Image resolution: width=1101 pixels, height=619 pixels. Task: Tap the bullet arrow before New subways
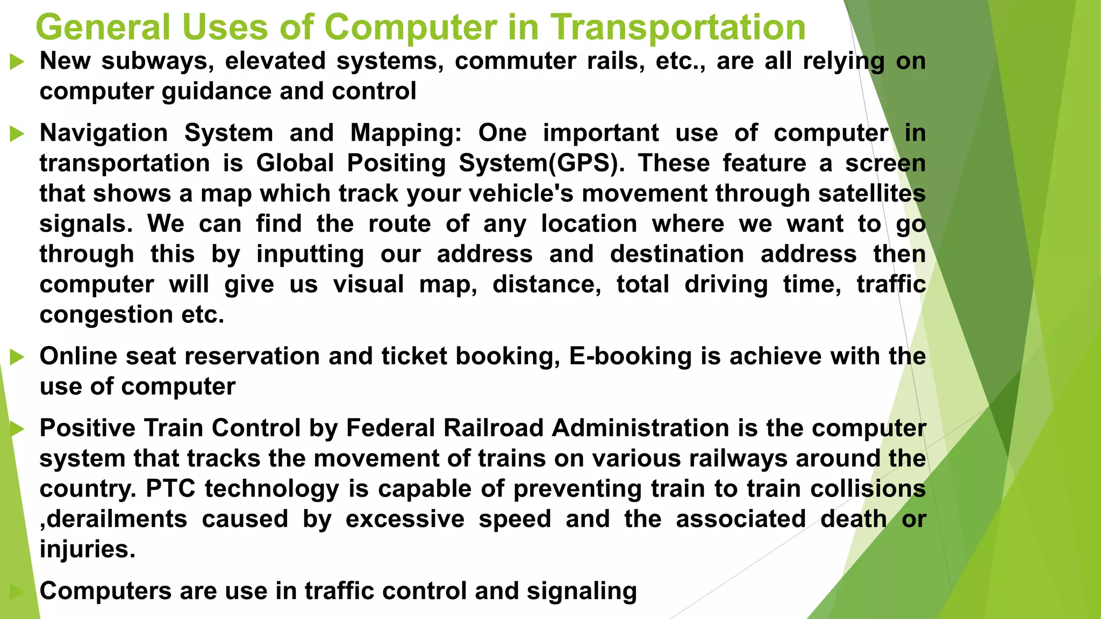(17, 62)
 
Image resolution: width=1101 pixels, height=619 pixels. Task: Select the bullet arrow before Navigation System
(17, 134)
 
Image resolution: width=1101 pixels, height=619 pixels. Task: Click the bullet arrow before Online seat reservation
(17, 357)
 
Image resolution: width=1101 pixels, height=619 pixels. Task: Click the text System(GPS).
(542, 163)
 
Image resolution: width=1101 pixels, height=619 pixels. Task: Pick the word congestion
(106, 315)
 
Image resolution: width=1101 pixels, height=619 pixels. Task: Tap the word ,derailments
(113, 520)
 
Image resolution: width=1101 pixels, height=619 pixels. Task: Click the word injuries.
(87, 550)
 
